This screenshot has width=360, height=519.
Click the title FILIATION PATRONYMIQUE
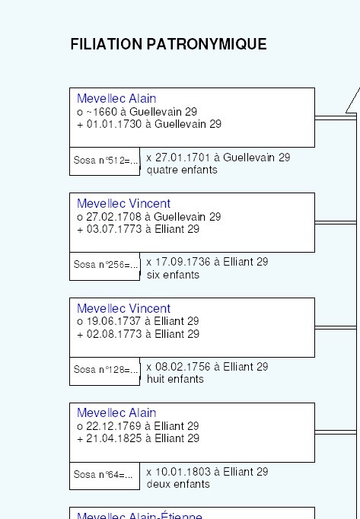(168, 44)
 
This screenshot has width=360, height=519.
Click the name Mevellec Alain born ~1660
(116, 99)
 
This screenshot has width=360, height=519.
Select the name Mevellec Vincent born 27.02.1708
(123, 203)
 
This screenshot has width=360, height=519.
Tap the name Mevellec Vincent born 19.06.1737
(123, 308)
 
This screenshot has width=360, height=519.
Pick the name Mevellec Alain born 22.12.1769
(116, 412)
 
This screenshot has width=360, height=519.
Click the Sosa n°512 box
(105, 161)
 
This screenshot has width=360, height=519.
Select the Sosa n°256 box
(105, 266)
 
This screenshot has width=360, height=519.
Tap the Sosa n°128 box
(105, 371)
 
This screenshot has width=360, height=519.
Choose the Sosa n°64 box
(105, 476)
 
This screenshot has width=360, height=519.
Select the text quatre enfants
(182, 170)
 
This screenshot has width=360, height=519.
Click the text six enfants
(173, 275)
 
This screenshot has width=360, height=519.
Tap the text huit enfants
(175, 379)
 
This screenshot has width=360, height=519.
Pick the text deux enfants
(178, 484)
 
